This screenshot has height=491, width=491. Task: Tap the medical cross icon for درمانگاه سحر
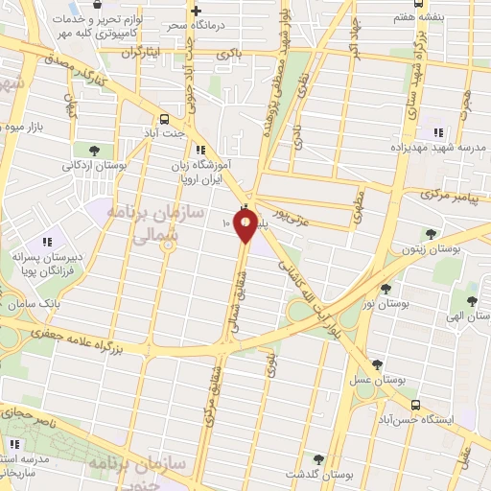coord(196,11)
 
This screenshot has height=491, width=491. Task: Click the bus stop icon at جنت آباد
coord(164,119)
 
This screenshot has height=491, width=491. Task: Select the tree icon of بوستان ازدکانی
coord(94,150)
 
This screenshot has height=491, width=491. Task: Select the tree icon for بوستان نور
coord(386,288)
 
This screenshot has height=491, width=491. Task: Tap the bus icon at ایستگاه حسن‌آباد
coord(414,404)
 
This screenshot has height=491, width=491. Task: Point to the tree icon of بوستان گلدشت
coord(318,459)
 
